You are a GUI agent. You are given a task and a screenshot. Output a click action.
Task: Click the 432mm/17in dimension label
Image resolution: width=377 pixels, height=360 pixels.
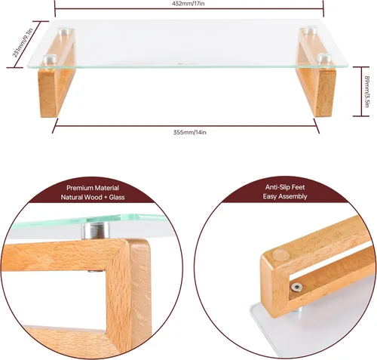(x=188, y=3)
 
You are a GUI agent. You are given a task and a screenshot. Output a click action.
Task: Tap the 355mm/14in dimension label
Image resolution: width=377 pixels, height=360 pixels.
(x=190, y=132)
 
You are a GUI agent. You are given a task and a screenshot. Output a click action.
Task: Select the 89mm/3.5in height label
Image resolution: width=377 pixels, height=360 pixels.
(x=366, y=91)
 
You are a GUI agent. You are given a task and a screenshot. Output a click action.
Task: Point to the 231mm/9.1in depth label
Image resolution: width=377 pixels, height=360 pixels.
(x=23, y=43)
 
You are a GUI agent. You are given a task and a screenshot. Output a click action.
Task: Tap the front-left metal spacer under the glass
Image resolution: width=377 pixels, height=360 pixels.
(x=51, y=60)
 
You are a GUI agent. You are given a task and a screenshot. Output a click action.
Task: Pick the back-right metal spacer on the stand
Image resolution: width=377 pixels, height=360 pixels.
(x=310, y=30)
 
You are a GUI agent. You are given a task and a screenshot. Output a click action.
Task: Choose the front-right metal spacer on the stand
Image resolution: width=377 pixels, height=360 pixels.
(x=323, y=58)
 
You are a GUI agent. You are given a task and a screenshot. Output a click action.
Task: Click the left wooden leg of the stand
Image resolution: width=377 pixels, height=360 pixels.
(x=57, y=75)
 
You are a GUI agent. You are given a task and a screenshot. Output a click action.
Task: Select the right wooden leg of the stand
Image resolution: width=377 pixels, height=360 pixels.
(x=317, y=74)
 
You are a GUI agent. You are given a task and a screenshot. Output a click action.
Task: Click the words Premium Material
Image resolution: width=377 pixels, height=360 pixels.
(x=93, y=188)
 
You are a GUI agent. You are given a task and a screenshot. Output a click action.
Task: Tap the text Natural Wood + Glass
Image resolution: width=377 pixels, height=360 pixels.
(x=93, y=197)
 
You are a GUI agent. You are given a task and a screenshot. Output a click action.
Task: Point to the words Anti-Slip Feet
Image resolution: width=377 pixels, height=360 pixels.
(x=285, y=187)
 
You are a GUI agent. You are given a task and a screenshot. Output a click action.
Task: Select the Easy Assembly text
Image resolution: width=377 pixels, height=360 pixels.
(x=285, y=196)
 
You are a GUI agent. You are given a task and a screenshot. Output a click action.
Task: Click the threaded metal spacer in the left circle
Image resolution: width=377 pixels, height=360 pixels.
(x=96, y=230)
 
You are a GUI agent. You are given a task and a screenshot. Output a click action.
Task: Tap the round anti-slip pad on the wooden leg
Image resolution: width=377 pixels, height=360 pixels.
(x=280, y=254)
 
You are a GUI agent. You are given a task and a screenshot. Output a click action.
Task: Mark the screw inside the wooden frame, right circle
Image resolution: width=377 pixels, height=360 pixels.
(x=297, y=287)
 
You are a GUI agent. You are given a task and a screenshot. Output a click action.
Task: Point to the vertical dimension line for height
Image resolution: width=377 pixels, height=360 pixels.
(x=361, y=91)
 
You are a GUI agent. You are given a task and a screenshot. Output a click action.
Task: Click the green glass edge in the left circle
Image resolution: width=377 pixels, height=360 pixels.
(x=88, y=220)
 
